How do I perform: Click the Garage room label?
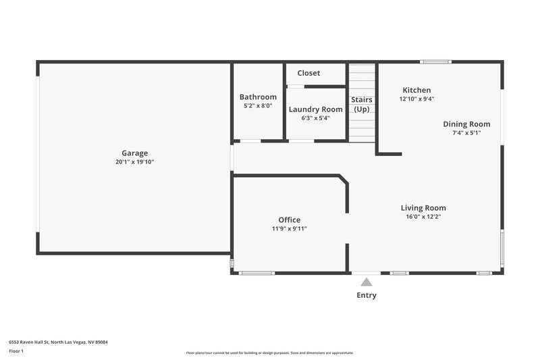coord(135,153)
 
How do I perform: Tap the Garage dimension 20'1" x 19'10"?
coord(135,162)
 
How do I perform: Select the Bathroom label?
coord(258,97)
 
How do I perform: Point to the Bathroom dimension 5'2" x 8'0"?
coord(258,106)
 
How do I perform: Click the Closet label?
coord(308,73)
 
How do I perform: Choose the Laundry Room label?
coord(315,109)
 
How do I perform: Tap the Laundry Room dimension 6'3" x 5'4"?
coord(315,118)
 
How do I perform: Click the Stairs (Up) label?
coord(362,104)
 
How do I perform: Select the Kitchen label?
coord(416,90)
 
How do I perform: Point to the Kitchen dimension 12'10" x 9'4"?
coord(416,99)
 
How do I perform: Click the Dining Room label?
coord(466,124)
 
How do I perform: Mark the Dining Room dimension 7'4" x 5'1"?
coord(466,133)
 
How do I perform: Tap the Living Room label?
coord(423,207)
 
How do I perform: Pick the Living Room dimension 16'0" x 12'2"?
coord(423,217)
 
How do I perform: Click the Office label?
coord(290,220)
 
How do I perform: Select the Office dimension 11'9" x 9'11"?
coord(290,229)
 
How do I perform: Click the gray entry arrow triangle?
coord(366,282)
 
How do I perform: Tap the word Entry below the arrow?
coord(366,295)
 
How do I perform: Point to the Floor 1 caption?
coord(16,351)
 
